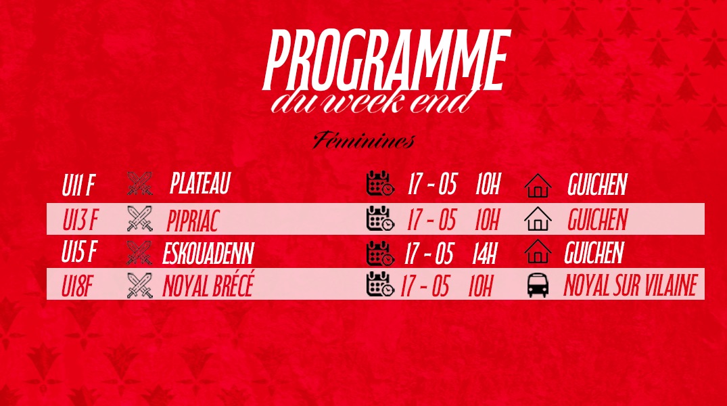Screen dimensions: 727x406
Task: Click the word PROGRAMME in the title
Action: pos(387,60)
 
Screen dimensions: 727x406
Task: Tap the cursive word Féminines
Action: pos(364,140)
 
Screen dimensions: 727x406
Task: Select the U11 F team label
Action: pos(78,185)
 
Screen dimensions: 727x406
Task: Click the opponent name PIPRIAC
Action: pos(192,221)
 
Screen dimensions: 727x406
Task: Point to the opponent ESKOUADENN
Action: pos(208,253)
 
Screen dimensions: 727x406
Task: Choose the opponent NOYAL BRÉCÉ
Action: pos(208,285)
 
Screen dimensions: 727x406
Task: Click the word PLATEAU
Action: pos(200,183)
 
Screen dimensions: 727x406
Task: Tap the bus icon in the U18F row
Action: pos(538,285)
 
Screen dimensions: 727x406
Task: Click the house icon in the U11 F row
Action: pos(538,185)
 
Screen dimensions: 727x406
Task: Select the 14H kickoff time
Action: pos(484,253)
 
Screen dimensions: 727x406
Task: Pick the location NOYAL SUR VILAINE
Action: pos(630,285)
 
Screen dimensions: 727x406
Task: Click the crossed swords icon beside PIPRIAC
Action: pos(139,219)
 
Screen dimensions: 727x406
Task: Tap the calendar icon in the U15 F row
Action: pos(380,253)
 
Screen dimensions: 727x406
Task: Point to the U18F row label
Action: pos(76,286)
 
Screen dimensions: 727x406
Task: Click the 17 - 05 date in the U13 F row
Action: pos(432,219)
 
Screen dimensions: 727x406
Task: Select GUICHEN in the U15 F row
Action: pos(594,253)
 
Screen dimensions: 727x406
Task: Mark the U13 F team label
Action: pos(80,220)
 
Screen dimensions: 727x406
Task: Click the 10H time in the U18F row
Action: pos(480,286)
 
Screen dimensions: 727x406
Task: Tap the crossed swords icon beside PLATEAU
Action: pos(139,183)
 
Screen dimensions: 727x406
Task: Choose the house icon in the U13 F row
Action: pos(538,219)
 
